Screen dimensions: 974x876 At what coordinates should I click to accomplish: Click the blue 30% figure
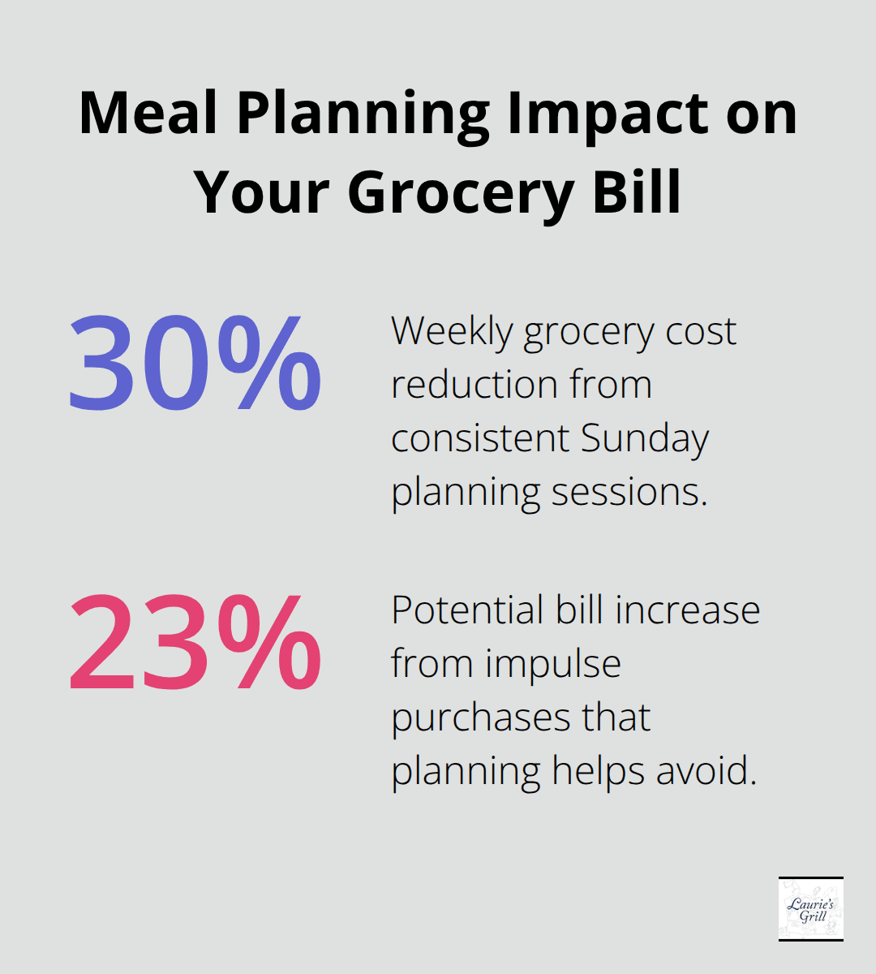pyautogui.click(x=195, y=363)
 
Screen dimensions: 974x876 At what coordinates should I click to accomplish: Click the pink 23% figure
pyautogui.click(x=195, y=642)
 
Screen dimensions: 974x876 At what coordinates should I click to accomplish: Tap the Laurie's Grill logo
pyautogui.click(x=810, y=908)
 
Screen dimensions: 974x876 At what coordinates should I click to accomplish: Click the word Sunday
pyautogui.click(x=645, y=438)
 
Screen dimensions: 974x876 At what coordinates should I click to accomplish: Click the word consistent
pyautogui.click(x=479, y=438)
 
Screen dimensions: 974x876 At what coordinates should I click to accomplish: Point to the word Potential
pyautogui.click(x=467, y=610)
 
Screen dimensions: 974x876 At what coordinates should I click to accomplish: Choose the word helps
pyautogui.click(x=599, y=770)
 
